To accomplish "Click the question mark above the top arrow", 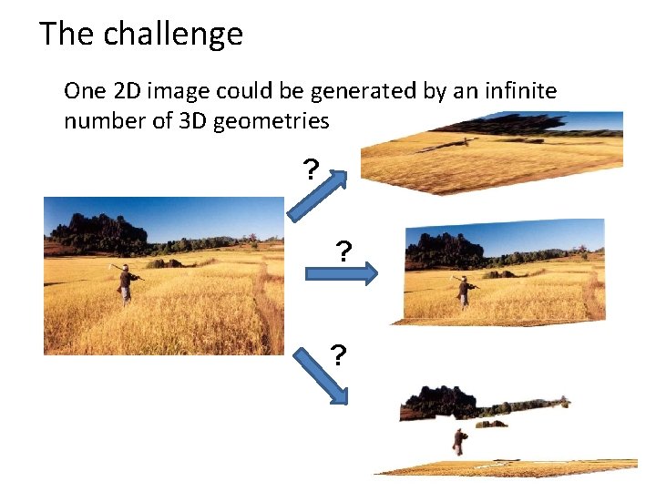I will tap(311, 169).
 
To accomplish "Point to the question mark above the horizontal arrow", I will tap(343, 251).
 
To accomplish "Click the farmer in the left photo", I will tap(126, 283).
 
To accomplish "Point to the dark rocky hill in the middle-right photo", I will tap(442, 246).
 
